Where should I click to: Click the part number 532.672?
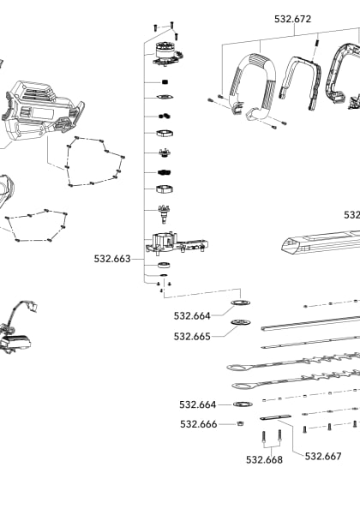coord(292,18)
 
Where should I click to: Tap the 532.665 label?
coord(192,337)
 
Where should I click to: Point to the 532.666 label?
coord(198,423)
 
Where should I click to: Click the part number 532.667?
coord(323,456)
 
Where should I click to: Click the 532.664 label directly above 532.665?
coord(192,316)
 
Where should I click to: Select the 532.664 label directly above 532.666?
coord(198,404)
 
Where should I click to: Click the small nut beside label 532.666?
coord(241,423)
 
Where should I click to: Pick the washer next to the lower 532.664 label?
coord(243,404)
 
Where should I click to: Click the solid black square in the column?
coord(163,81)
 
